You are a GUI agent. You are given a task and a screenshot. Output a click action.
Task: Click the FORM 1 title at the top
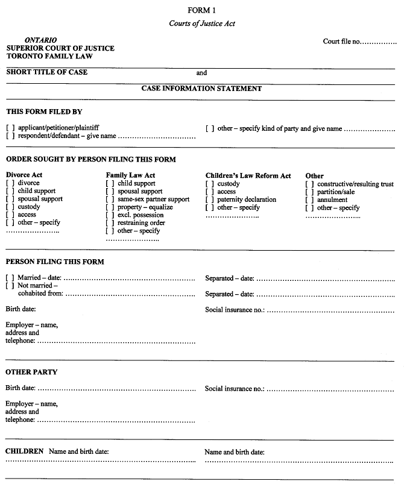pos(201,10)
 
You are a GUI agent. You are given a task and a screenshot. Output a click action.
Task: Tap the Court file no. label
pos(341,42)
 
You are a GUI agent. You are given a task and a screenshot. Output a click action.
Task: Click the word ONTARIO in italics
pos(41,40)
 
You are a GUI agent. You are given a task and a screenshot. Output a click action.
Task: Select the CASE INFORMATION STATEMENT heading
pos(201,89)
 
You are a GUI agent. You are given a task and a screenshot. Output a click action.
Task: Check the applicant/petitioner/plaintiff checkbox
pos(10,128)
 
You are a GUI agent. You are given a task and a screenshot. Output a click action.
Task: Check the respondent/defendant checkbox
pos(10,136)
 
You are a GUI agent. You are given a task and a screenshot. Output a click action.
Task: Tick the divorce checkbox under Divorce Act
pos(10,183)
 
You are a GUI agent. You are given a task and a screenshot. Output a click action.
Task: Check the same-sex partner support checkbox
pos(110,200)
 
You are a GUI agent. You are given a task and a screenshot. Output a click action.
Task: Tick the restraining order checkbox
pos(110,223)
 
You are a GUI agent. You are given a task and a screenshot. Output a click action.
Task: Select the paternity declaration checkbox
pos(210,200)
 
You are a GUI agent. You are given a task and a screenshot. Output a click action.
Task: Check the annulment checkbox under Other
pos(310,200)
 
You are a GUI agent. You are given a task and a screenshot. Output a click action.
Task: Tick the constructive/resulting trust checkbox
pos(310,184)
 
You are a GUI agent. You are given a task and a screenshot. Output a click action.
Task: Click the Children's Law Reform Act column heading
pos(248,175)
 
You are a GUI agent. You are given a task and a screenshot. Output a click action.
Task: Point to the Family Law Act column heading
pos(130,175)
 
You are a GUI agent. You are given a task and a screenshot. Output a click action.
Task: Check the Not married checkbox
pos(10,286)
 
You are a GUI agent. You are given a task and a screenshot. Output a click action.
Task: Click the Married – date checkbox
pos(10,278)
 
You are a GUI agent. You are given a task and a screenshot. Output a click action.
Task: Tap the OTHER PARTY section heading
pos(31,372)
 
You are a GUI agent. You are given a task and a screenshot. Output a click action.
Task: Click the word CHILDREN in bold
pos(24,451)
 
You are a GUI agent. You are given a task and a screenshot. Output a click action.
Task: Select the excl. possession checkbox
pos(110,215)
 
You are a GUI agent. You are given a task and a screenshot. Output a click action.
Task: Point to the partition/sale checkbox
pos(310,192)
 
